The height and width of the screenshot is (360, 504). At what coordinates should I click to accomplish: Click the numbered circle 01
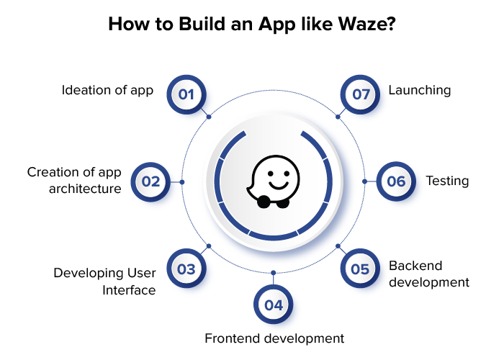(186, 94)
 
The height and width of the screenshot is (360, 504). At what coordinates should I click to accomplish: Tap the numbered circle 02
(150, 181)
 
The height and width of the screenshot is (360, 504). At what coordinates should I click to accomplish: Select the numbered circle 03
(186, 269)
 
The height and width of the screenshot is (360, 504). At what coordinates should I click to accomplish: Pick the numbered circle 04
(273, 305)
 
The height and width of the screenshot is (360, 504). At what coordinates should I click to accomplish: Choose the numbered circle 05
(360, 269)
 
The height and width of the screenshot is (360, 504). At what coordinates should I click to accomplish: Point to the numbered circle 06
(396, 181)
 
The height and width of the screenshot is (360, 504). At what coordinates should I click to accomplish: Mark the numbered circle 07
(360, 94)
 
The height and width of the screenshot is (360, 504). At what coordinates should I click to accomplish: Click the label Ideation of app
(107, 91)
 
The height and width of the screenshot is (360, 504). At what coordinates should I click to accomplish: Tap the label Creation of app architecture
(74, 181)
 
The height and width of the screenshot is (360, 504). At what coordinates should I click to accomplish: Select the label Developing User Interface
(105, 282)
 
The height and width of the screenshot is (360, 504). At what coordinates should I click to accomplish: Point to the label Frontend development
(274, 338)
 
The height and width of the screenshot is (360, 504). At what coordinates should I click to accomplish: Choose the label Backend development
(428, 274)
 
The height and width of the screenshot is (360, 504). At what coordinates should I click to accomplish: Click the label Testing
(447, 181)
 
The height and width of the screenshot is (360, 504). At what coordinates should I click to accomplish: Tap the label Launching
(420, 91)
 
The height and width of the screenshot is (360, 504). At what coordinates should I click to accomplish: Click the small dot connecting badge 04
(273, 274)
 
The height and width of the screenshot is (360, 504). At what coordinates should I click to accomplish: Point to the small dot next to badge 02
(181, 181)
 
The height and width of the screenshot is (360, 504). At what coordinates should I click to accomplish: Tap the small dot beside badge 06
(365, 181)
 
